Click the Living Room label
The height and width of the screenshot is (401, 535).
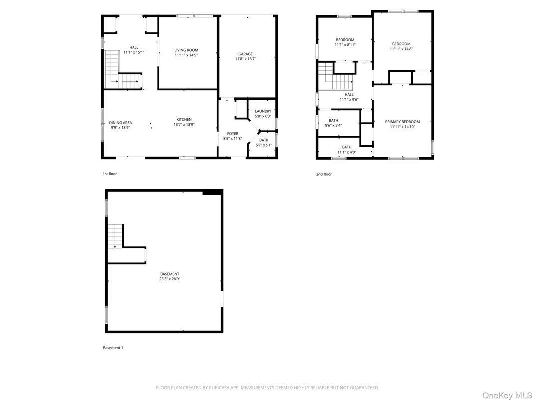pos(186,50)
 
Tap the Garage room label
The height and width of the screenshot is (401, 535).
pos(245,54)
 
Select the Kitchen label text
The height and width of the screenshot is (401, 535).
pos(184,119)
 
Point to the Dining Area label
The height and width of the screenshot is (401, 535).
pos(120,122)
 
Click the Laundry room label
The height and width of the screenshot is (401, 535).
pos(263,111)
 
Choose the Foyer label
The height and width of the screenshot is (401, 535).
pos(233,133)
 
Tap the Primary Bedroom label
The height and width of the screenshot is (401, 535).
pos(402,122)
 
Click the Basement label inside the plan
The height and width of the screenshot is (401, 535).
pos(170,274)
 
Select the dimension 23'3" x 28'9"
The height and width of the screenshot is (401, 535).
pos(170,279)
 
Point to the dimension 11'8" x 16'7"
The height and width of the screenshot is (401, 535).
pos(245,59)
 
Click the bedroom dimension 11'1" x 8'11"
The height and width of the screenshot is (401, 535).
pos(345,45)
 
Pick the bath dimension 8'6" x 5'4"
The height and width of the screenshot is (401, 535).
pos(333,125)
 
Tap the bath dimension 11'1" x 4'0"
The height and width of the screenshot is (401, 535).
pos(346,152)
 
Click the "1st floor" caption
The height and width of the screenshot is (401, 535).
pos(110,174)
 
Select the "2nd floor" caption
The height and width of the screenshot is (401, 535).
pos(324,174)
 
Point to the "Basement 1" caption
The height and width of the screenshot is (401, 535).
pos(113,348)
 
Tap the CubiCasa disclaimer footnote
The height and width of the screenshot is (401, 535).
pos(267,387)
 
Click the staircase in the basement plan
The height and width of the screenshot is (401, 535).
pos(115,235)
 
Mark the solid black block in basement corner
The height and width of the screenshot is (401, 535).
pos(212,192)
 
